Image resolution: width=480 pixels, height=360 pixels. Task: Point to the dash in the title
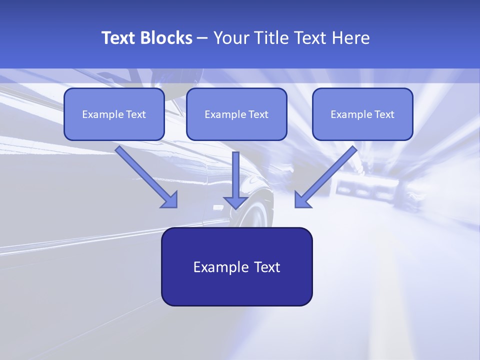pyautogui.click(x=202, y=38)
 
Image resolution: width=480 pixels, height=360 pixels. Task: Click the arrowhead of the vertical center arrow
pyautogui.click(x=235, y=202)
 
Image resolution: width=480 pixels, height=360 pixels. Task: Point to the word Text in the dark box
pyautogui.click(x=267, y=267)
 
